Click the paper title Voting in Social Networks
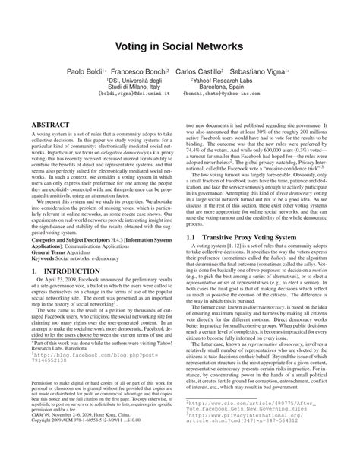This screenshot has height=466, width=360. pyautogui.click(x=179, y=46)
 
